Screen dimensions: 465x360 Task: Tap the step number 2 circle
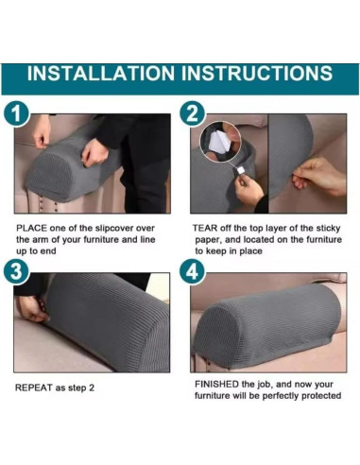[x=193, y=113]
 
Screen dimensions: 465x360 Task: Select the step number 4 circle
[x=193, y=271]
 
